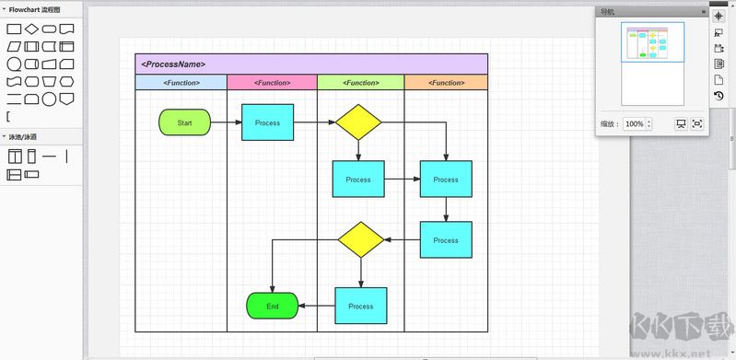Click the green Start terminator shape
[x=184, y=122]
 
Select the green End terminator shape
[x=273, y=306]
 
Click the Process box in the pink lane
[x=267, y=122]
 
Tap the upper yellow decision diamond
[x=358, y=122]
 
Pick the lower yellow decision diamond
[x=360, y=239]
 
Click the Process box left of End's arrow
[x=360, y=306]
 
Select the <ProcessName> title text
[x=173, y=64]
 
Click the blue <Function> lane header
[x=181, y=83]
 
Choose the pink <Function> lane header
[x=272, y=83]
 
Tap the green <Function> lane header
[x=361, y=83]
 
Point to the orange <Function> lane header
[x=446, y=83]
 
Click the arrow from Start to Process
[x=226, y=122]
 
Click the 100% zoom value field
[x=634, y=123]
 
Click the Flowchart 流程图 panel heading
[x=35, y=8]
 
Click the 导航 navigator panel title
[x=608, y=12]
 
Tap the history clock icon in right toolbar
[x=718, y=95]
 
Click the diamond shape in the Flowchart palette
[x=31, y=29]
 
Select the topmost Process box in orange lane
[x=446, y=180]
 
